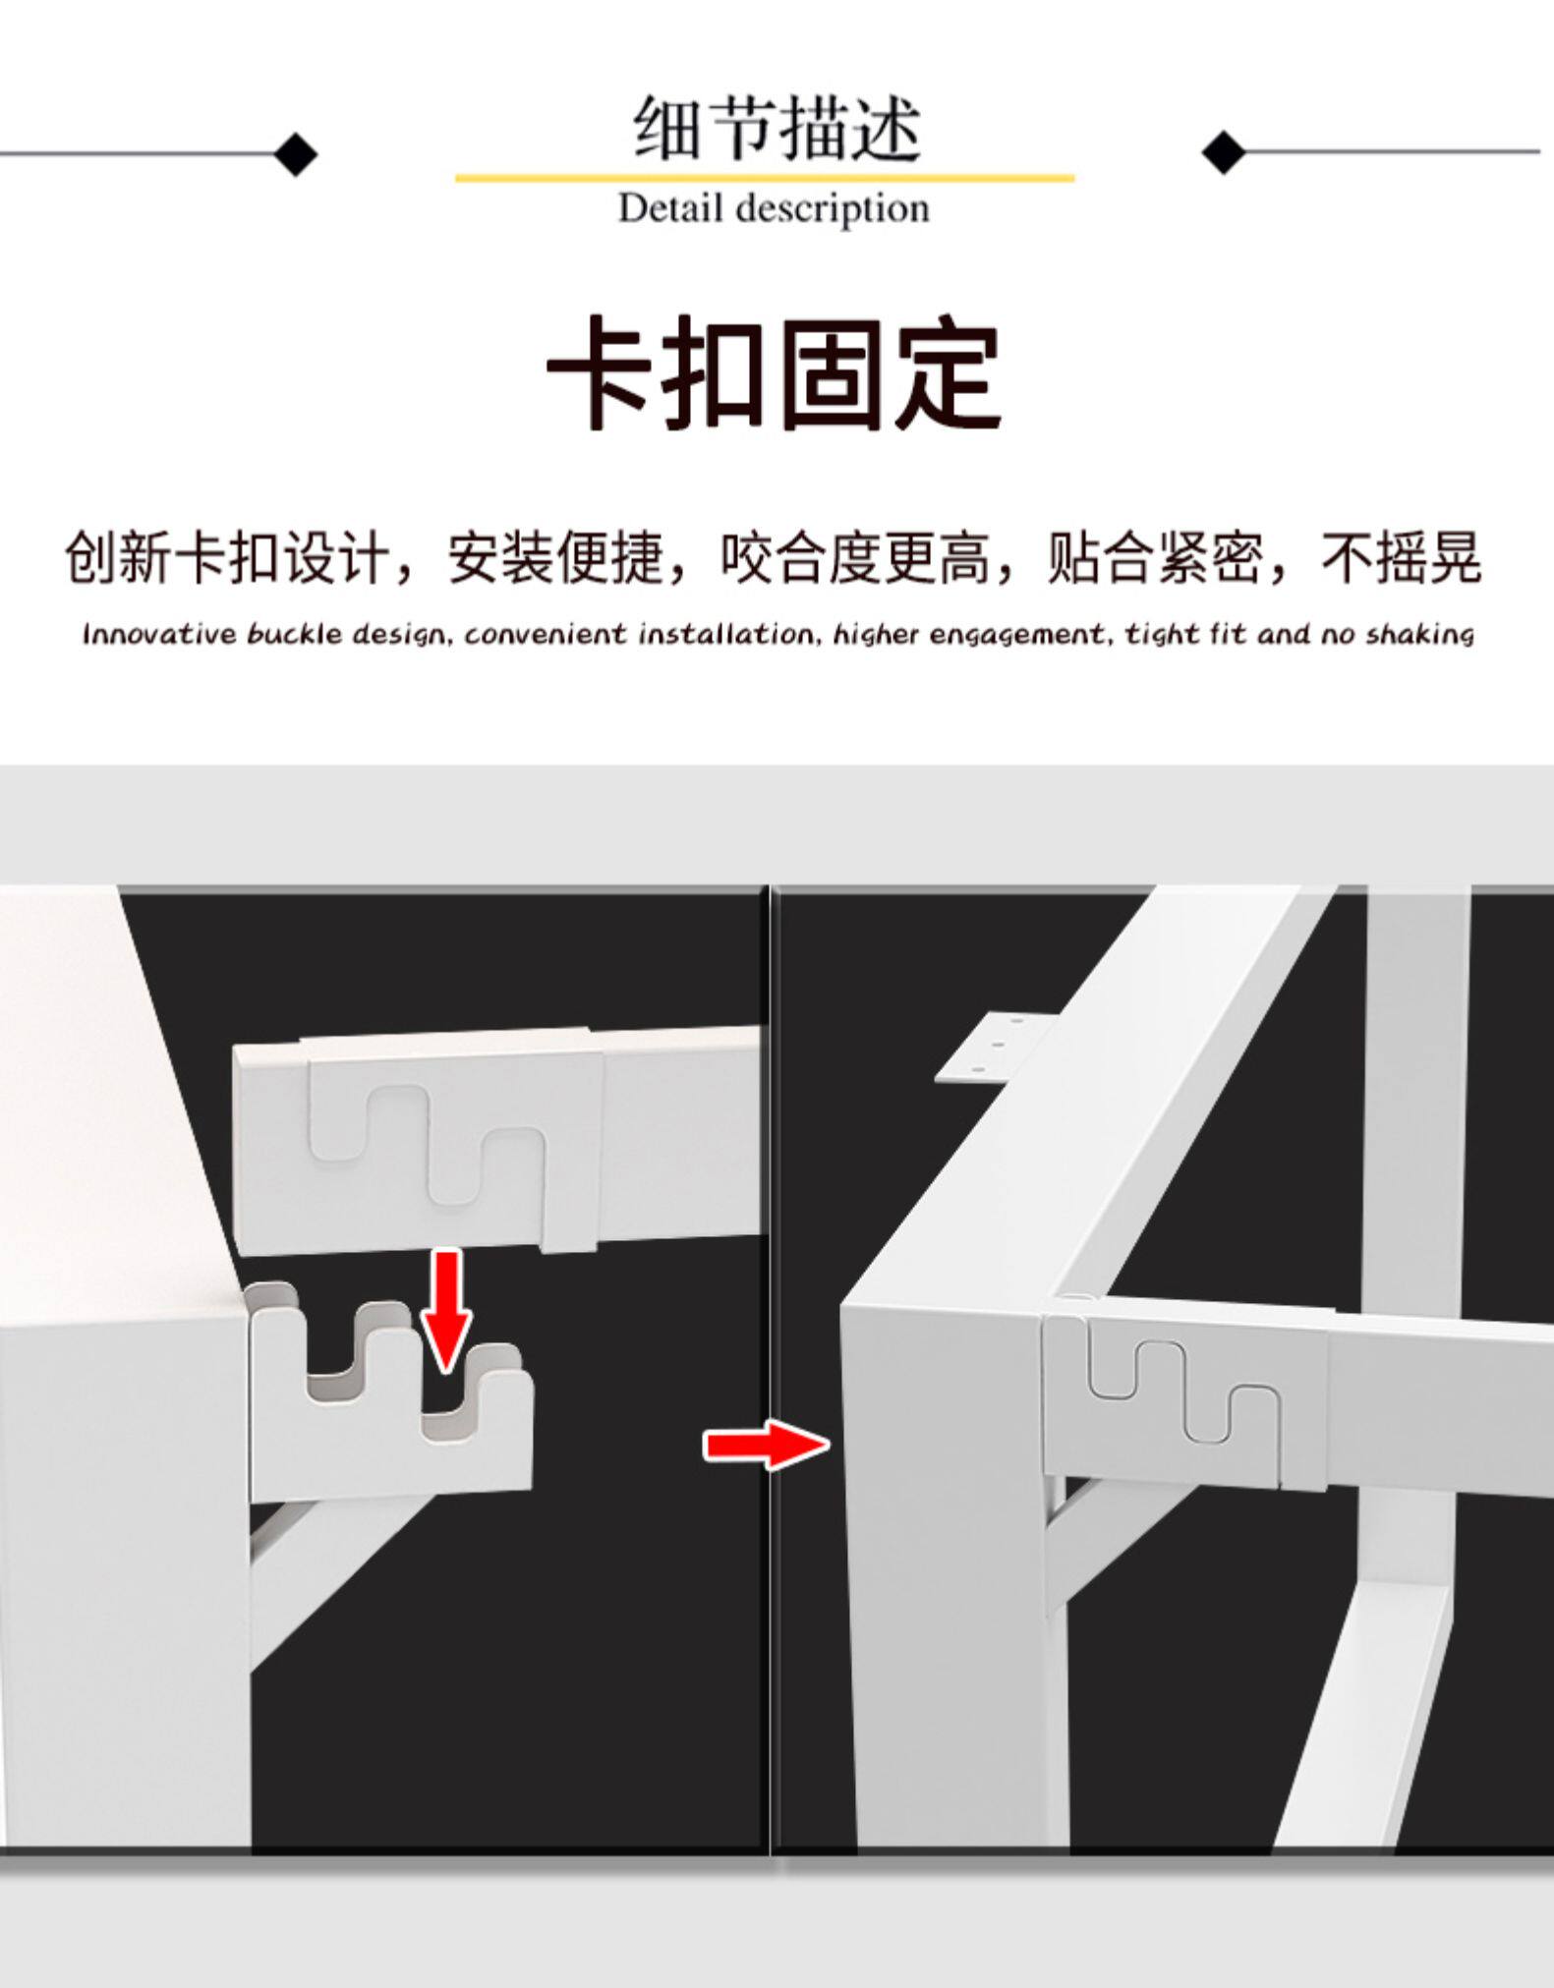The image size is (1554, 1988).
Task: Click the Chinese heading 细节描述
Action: pos(777,128)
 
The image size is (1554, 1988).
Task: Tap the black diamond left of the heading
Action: pos(295,153)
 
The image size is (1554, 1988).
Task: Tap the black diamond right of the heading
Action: pos(1224,151)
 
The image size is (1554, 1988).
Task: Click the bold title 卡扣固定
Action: pos(775,373)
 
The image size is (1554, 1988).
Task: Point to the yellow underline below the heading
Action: pos(765,178)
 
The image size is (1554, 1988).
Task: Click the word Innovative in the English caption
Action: pos(159,634)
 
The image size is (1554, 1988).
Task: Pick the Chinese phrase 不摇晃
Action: pos(1402,557)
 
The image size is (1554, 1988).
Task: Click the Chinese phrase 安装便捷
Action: pos(555,557)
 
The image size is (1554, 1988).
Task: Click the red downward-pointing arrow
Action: pos(446,1310)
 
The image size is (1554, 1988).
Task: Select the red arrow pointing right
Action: pos(767,1445)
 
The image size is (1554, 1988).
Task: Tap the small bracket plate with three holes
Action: pos(994,1050)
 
